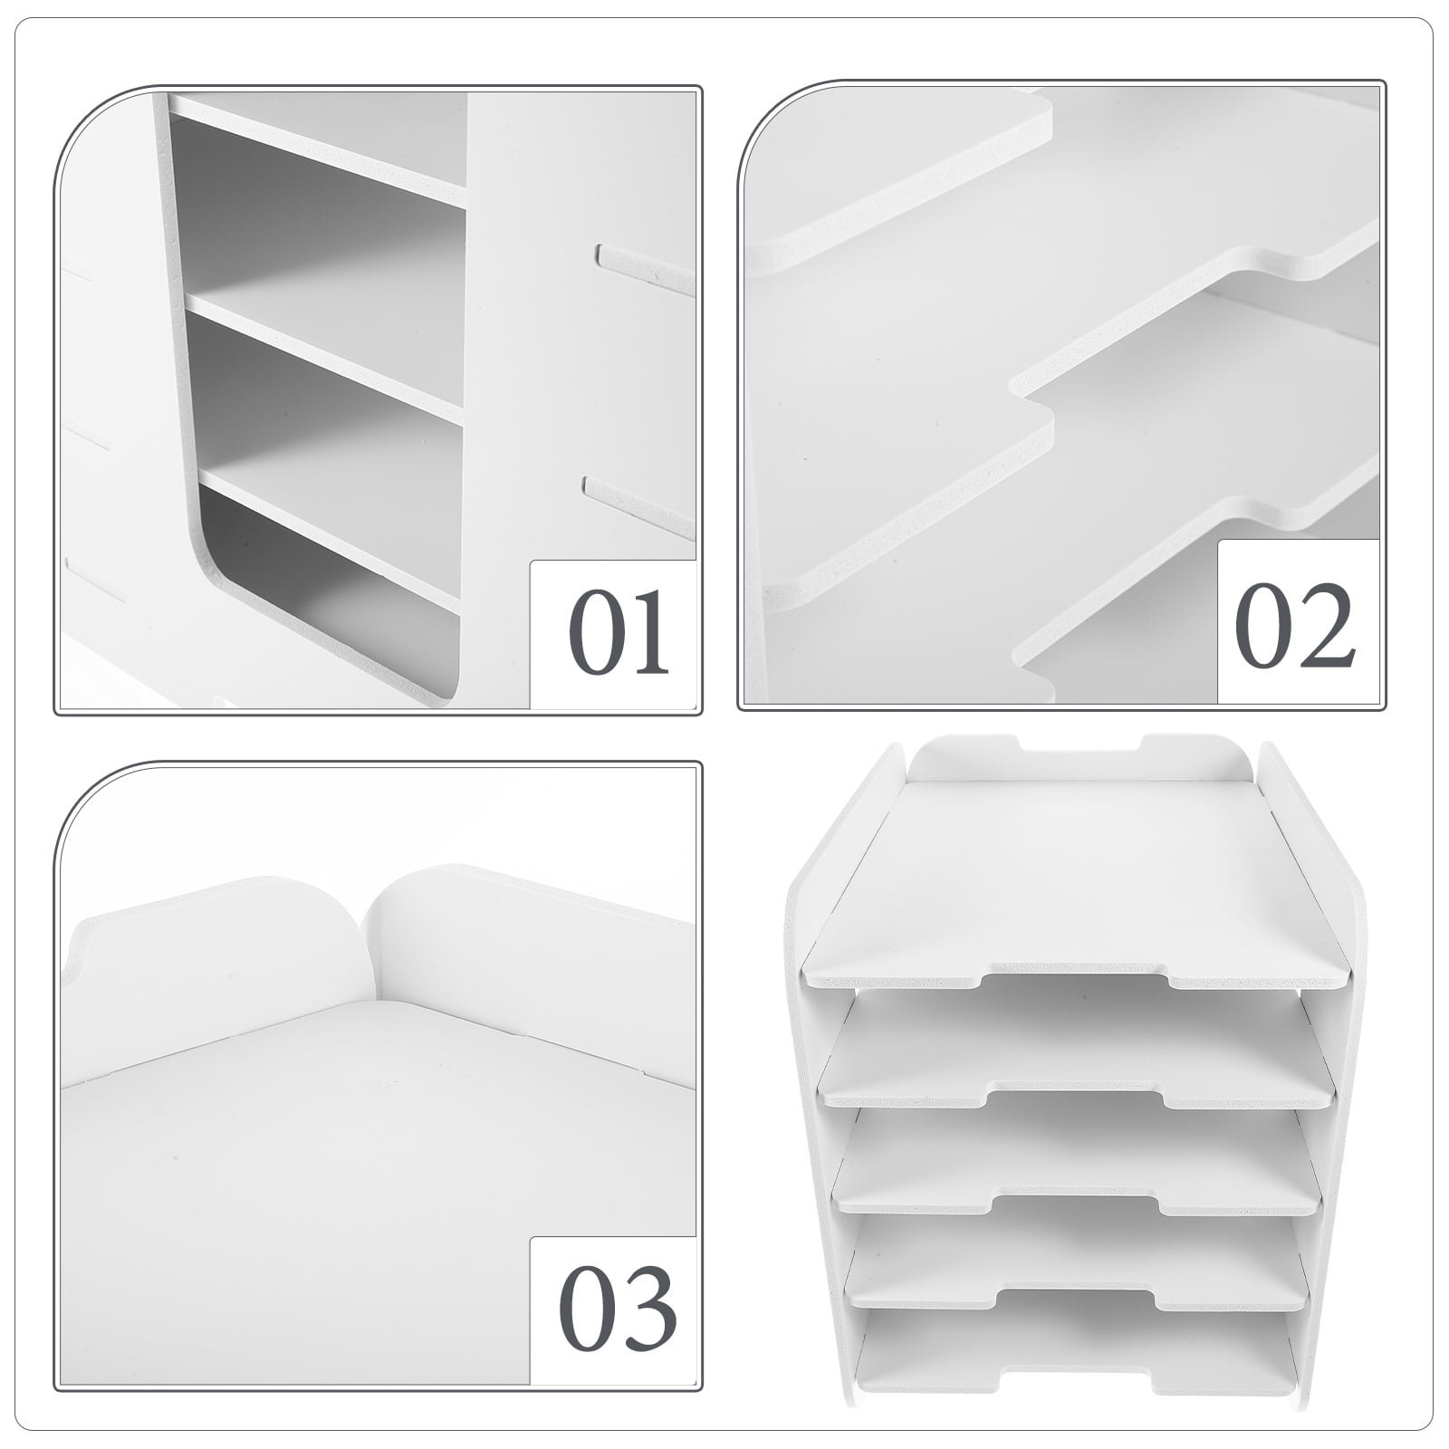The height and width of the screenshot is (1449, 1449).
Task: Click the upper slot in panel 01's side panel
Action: click(x=645, y=269)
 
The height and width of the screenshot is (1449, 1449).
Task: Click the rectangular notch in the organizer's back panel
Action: click(x=1080, y=751)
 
